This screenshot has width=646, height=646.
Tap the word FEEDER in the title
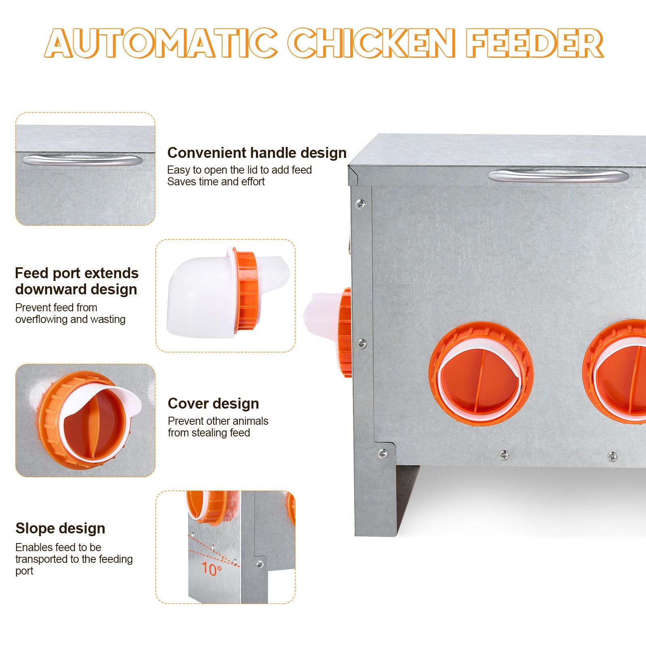[535, 43]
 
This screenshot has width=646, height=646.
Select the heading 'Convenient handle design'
[257, 153]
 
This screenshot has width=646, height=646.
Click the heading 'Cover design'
[213, 403]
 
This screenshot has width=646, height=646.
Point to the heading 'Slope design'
[60, 528]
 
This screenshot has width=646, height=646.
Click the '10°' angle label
[212, 569]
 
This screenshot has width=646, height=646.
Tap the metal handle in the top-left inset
[82, 160]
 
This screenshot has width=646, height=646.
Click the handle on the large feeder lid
[558, 176]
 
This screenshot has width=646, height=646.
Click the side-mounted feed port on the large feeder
[329, 331]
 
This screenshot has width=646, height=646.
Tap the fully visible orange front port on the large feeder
[481, 373]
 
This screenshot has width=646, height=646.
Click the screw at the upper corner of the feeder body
[361, 203]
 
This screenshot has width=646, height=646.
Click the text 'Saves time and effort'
[216, 182]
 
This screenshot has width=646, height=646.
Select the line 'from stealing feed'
[209, 433]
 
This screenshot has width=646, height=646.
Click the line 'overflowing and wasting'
[70, 319]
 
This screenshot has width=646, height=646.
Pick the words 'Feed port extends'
[77, 273]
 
